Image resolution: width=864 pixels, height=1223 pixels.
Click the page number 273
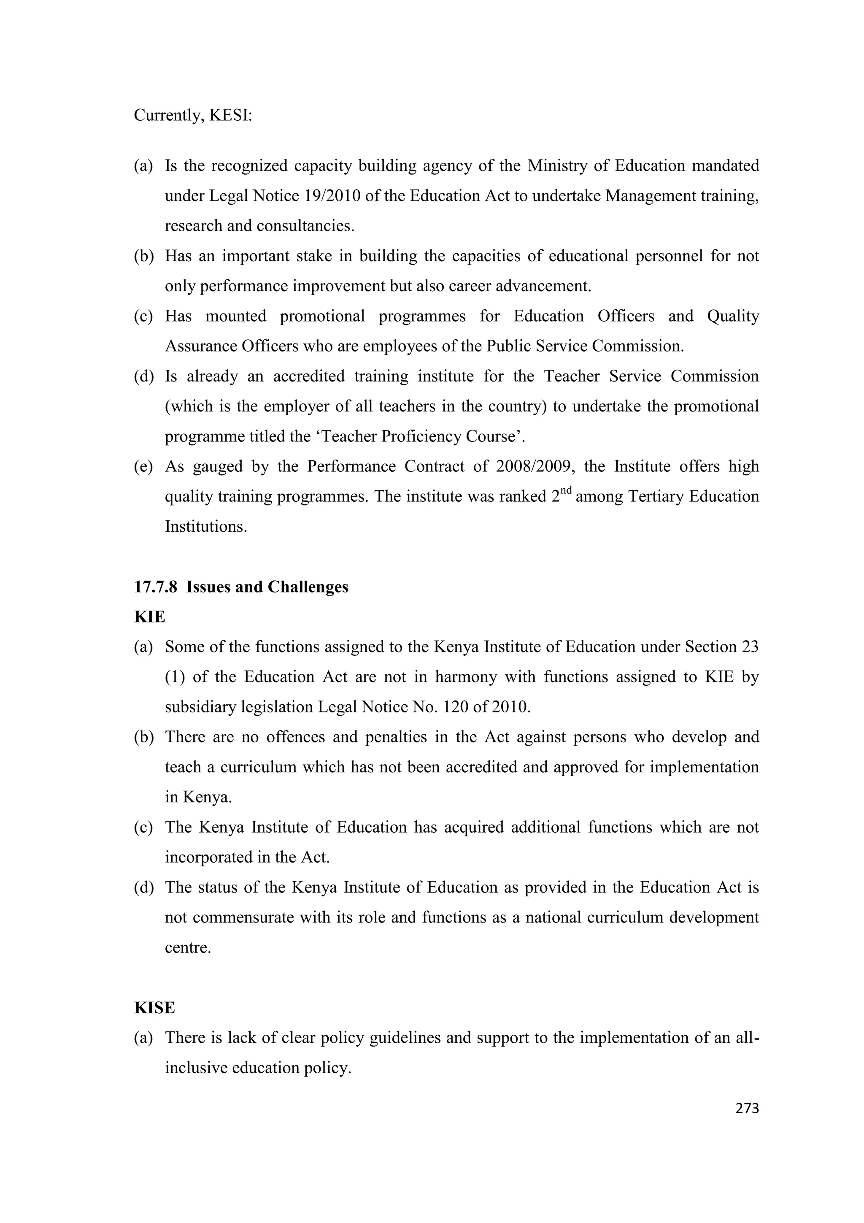tap(746, 1109)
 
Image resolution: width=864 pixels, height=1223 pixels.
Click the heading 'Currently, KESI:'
tap(193, 115)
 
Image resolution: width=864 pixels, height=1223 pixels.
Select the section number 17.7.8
tap(155, 587)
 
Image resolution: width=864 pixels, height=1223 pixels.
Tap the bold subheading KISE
tap(154, 1008)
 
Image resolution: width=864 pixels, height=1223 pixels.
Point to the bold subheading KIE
tap(150, 617)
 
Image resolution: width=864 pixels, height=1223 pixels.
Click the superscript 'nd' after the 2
tap(566, 490)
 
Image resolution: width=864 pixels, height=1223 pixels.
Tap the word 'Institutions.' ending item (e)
tap(206, 526)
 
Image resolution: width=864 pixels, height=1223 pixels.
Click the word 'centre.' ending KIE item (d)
tap(188, 947)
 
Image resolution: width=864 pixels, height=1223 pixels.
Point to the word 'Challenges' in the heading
tap(308, 587)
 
